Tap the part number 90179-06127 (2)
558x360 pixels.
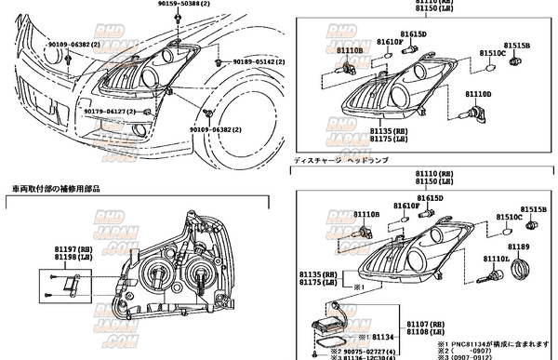click(104, 112)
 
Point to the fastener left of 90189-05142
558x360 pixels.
click(217, 62)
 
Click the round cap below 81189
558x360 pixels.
click(521, 272)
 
